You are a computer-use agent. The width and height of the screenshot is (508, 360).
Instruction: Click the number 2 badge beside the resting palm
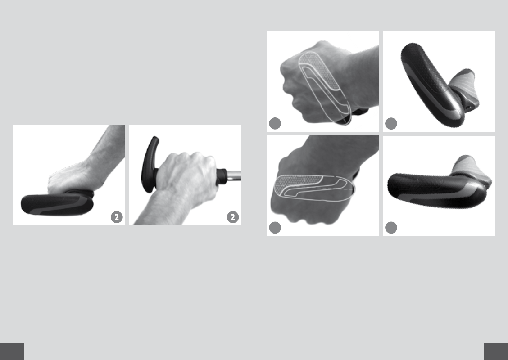point(117,217)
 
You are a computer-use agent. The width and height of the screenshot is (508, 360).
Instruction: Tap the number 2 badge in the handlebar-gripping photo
point(233,217)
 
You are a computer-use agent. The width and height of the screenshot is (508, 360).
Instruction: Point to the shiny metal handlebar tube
point(233,175)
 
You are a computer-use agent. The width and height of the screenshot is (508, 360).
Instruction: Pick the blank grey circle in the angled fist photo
point(275,123)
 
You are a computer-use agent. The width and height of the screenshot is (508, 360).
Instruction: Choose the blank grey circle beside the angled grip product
point(391,123)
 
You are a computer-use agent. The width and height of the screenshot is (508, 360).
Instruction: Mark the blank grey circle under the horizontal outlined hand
point(275,228)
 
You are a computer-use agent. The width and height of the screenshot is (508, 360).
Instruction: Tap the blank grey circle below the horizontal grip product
point(391,228)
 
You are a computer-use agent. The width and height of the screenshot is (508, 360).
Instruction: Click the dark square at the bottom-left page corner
point(12,351)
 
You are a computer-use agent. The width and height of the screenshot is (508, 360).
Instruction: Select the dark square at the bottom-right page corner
point(496,351)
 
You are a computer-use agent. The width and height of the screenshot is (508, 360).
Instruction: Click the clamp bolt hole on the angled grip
point(468,107)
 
